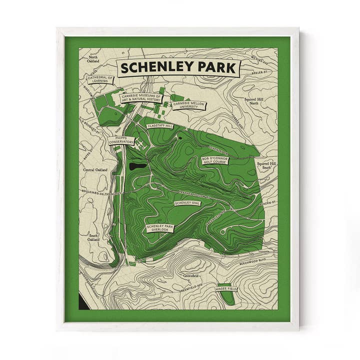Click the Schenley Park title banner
point(178,67)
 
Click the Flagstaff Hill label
point(160,126)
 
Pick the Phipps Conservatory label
point(121,139)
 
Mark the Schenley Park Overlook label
point(160,228)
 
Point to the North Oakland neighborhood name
point(93,59)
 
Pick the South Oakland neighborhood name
point(93,237)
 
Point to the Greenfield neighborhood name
point(192,275)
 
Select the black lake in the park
point(135,166)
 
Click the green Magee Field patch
point(228,298)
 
